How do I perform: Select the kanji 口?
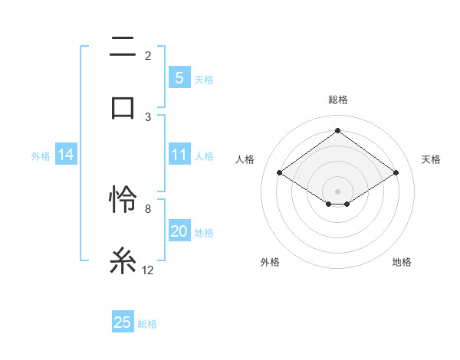point(123,106)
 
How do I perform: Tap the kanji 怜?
point(123,201)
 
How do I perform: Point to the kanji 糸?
point(123,260)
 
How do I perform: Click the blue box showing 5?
point(179,78)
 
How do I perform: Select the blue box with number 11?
point(179,155)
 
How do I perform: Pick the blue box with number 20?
point(179,232)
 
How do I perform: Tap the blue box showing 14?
point(66,155)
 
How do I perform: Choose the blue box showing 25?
point(123,322)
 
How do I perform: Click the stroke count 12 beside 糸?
point(148,270)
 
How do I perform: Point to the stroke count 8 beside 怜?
point(147,208)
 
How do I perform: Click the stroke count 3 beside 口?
point(148,116)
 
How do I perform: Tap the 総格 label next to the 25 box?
point(147,323)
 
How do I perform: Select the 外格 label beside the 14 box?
point(41,156)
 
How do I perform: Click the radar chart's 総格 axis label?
point(338,100)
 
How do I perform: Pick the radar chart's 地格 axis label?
point(402,262)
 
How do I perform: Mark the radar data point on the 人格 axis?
point(280,173)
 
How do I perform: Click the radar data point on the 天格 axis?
point(396,173)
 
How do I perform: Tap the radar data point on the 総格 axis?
point(337,131)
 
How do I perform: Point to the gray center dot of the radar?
point(337,191)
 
